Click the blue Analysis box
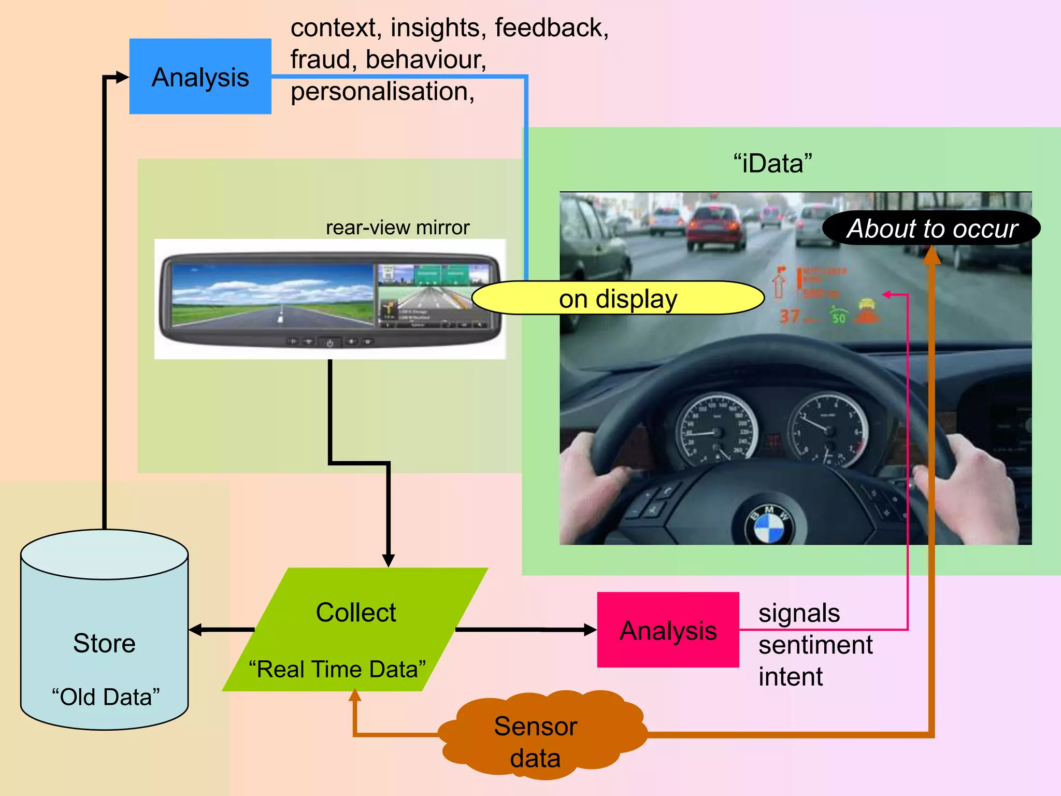[x=200, y=76]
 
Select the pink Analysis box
[x=668, y=630]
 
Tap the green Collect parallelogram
[x=355, y=629]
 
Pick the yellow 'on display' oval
[x=618, y=298]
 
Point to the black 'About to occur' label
[x=931, y=228]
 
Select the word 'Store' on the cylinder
[x=104, y=643]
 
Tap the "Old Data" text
[x=106, y=697]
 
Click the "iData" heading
[x=772, y=163]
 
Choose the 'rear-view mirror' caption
[x=397, y=228]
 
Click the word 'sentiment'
[x=815, y=645]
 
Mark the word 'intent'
[x=790, y=677]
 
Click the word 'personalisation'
[x=381, y=92]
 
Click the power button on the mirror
[x=329, y=343]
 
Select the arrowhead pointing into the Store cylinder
[x=195, y=630]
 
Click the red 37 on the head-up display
[x=790, y=316]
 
